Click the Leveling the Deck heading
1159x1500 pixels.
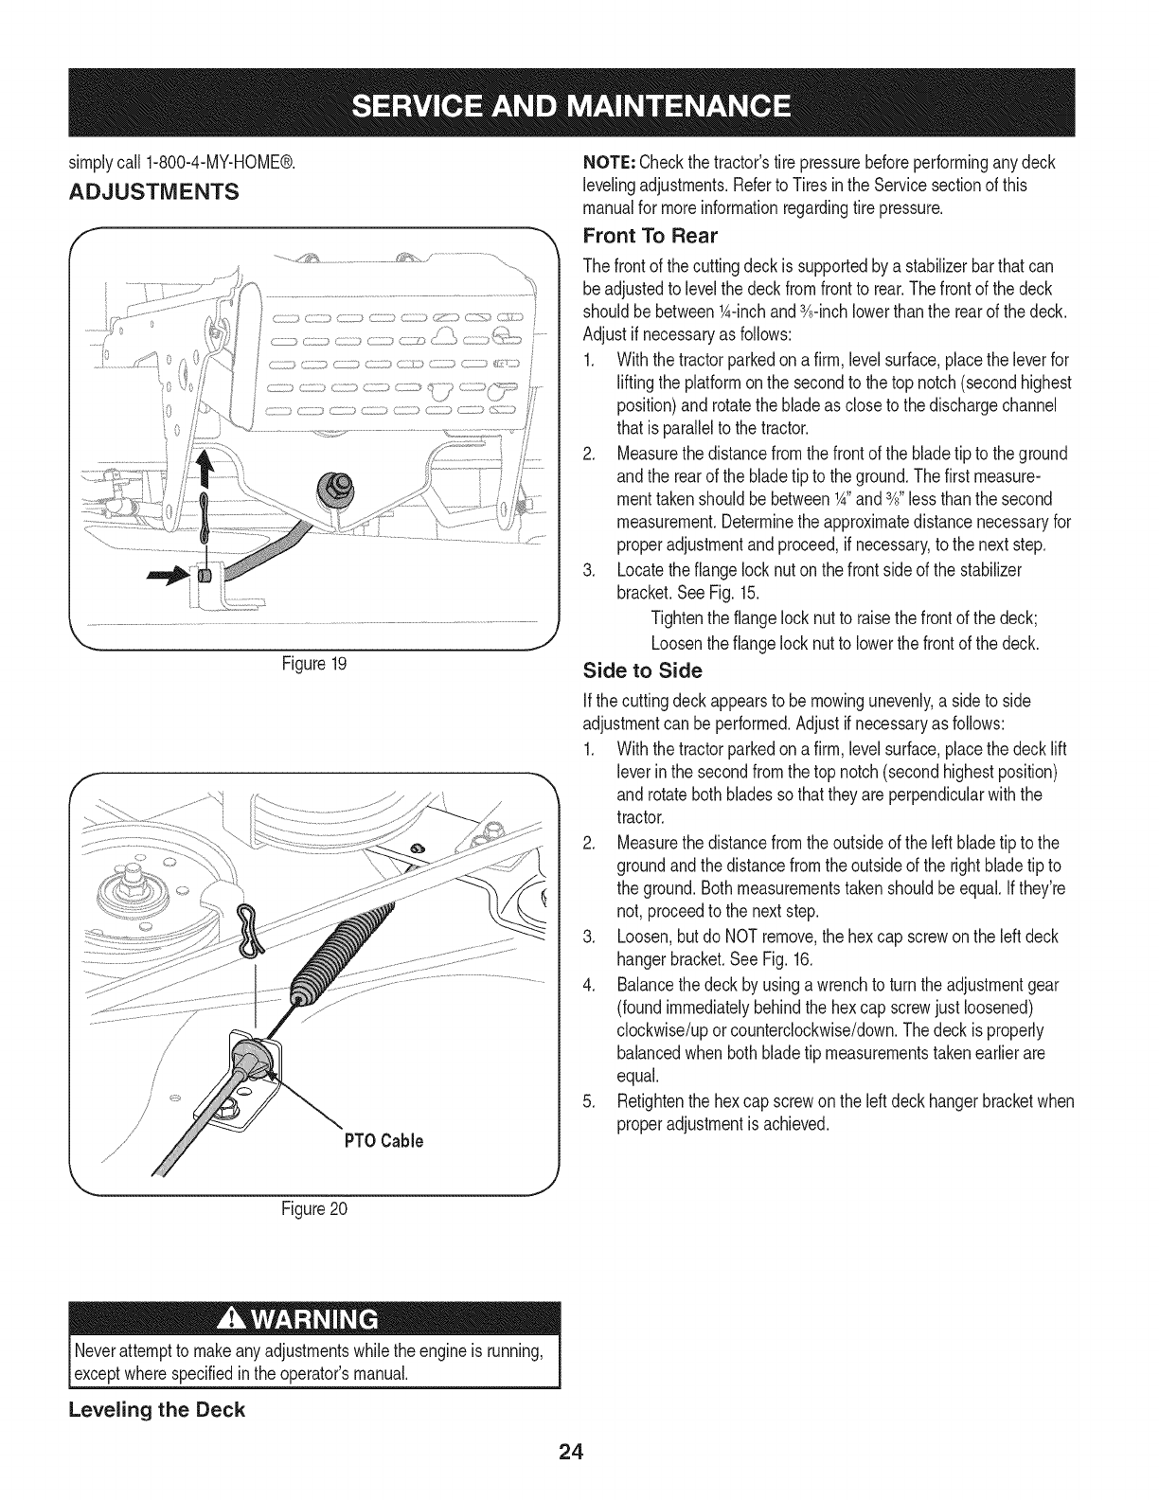coord(156,1409)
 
